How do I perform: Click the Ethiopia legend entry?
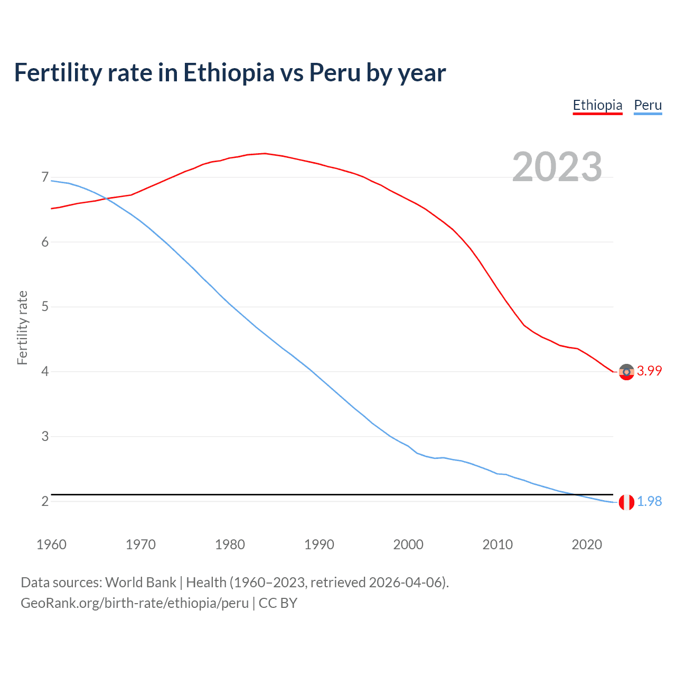597,105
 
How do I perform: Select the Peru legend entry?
647,105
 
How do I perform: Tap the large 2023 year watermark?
557,167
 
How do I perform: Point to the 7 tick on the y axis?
45,177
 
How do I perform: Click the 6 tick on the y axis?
45,242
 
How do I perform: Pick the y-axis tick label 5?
45,307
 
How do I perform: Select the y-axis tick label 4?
45,372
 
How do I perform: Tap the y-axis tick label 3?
45,437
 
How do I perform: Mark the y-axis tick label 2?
45,501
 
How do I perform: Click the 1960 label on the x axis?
51,544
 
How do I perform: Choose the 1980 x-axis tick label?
230,544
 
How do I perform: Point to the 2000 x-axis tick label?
408,544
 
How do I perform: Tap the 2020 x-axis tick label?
587,544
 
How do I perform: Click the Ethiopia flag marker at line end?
626,372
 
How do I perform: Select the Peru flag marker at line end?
626,502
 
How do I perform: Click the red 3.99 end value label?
649,371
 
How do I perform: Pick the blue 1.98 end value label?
649,502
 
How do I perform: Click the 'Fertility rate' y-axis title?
22,327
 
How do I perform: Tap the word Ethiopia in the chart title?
229,72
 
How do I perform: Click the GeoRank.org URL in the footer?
134,603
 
